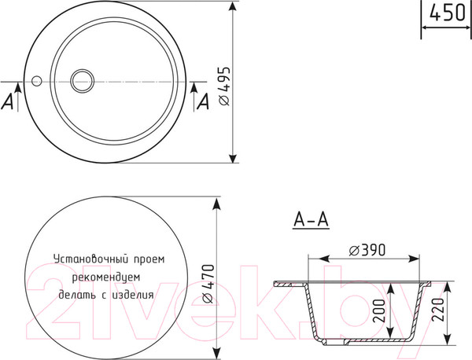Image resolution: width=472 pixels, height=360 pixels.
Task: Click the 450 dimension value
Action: point(447,13)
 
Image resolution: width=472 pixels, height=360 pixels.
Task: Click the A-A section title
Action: point(310,220)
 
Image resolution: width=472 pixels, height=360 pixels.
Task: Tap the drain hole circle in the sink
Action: point(82,80)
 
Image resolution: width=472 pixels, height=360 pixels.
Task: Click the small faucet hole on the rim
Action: point(36,80)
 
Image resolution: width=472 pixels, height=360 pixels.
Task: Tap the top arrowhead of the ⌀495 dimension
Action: point(234,6)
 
